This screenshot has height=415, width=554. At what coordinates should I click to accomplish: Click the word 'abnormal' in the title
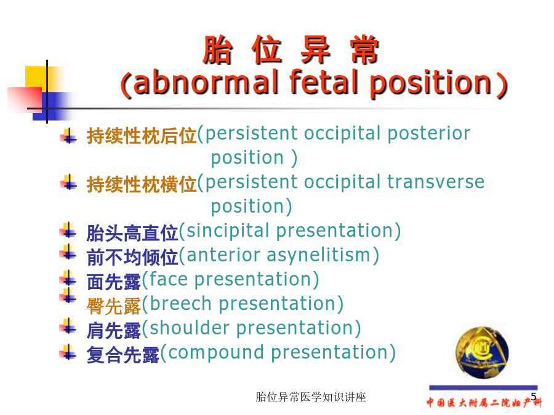pyautogui.click(x=206, y=82)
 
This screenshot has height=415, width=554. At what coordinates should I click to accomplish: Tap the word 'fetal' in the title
pyautogui.click(x=322, y=82)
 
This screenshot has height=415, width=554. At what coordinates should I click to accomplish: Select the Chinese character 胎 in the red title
pyautogui.click(x=217, y=50)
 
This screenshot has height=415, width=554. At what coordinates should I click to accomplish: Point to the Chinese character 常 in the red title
pyautogui.click(x=364, y=50)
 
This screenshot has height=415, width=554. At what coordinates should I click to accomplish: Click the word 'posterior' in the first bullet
pyautogui.click(x=429, y=134)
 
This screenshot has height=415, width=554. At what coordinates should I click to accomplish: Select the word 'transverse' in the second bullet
pyautogui.click(x=436, y=183)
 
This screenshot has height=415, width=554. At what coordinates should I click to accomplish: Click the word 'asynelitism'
pyautogui.click(x=318, y=256)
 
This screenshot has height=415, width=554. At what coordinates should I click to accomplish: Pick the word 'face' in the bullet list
pyautogui.click(x=169, y=279)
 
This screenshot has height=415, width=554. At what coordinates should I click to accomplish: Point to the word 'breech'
pyautogui.click(x=180, y=304)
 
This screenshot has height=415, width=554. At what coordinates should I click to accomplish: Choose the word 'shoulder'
pyautogui.click(x=190, y=328)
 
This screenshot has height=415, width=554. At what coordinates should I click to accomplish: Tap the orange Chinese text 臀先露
pyautogui.click(x=114, y=306)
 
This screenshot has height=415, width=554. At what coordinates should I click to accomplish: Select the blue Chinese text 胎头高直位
pyautogui.click(x=132, y=233)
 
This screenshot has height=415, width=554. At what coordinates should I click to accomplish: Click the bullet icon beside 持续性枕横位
pyautogui.click(x=68, y=183)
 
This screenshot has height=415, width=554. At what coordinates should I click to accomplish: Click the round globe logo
pyautogui.click(x=482, y=352)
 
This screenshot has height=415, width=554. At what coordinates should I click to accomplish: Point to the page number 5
pyautogui.click(x=534, y=397)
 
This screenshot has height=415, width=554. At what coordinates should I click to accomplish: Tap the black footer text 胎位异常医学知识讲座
pyautogui.click(x=311, y=397)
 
